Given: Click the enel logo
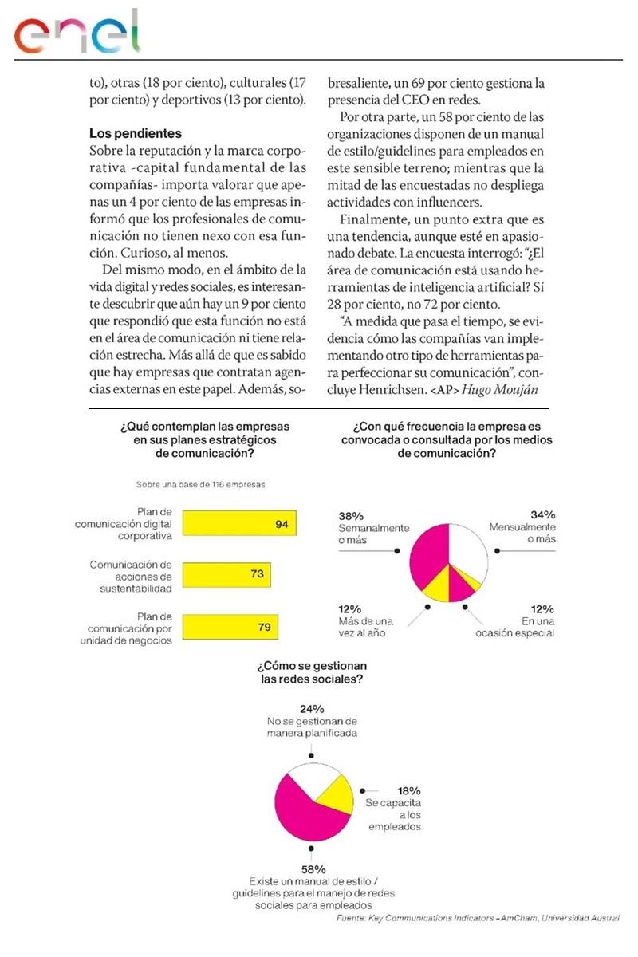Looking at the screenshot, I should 77,33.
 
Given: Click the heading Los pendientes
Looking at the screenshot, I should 136,132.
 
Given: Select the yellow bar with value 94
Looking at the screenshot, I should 239,524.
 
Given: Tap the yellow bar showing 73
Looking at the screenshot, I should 226,574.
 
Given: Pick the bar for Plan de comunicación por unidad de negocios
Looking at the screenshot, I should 230,627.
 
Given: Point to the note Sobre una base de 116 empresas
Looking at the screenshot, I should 200,483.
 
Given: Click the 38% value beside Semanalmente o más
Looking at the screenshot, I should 351,515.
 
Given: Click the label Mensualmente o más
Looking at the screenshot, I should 522,534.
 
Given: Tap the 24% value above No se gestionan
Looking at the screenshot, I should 312,708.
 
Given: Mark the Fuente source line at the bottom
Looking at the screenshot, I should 477,919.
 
